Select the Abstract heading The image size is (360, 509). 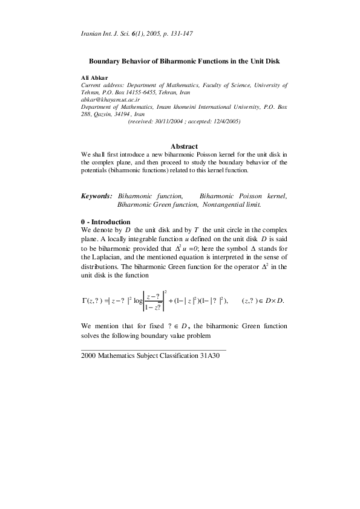point(185,147)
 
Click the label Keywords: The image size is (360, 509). point(97,196)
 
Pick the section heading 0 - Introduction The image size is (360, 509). point(106,222)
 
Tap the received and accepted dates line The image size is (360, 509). point(185,121)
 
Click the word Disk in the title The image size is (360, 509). point(272,62)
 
